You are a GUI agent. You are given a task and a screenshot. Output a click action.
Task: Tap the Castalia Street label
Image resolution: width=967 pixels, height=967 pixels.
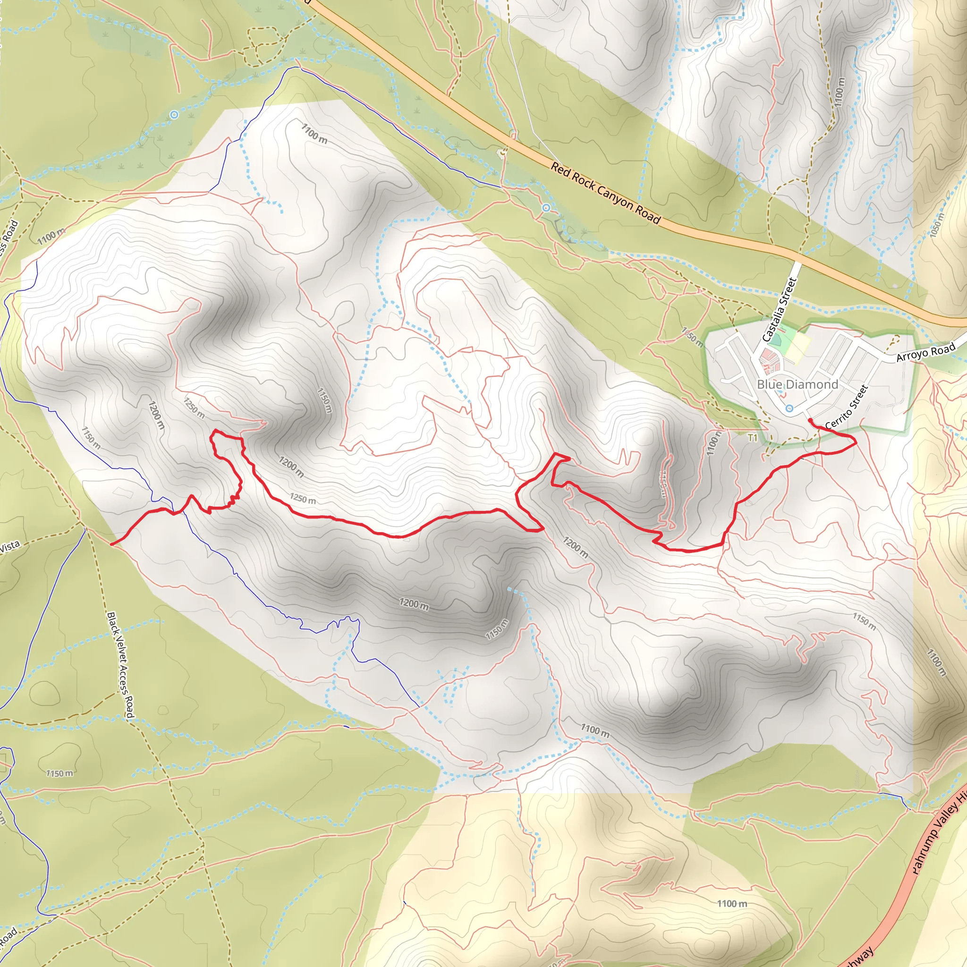[779, 310]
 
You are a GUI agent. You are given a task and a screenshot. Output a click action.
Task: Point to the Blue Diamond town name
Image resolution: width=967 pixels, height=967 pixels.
[797, 384]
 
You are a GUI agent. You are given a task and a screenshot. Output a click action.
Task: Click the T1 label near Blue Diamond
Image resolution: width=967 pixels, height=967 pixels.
[752, 439]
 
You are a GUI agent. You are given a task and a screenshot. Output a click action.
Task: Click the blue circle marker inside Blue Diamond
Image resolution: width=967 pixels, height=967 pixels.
[789, 408]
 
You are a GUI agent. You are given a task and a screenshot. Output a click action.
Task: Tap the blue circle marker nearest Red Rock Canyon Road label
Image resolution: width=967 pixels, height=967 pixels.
[546, 207]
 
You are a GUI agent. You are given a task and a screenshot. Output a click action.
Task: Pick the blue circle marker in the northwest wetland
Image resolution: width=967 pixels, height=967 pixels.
[174, 115]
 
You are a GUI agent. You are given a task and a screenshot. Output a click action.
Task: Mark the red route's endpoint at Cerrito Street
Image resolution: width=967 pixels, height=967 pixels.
[810, 420]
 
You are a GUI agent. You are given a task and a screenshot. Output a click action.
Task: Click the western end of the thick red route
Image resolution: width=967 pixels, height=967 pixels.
[111, 543]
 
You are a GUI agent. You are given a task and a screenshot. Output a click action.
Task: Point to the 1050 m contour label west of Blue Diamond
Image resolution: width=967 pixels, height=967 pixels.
[693, 336]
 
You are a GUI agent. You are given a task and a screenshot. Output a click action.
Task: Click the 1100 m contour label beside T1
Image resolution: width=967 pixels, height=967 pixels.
[713, 443]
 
